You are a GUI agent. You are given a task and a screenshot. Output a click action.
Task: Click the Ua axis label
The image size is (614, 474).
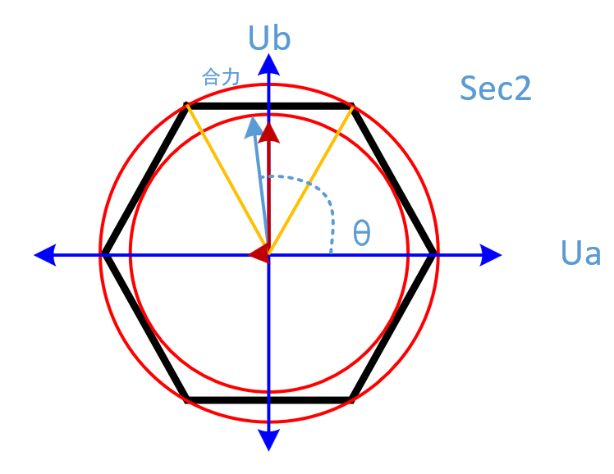[580, 253]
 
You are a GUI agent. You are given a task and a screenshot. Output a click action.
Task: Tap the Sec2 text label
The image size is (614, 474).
[496, 88]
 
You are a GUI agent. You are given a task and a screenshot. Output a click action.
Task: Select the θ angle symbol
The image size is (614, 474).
[361, 234]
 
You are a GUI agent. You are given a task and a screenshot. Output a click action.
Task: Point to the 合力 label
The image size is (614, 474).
[220, 78]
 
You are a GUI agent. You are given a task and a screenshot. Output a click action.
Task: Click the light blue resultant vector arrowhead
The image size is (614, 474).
[254, 127]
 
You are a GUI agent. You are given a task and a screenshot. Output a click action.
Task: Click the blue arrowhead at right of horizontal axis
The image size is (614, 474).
[490, 254]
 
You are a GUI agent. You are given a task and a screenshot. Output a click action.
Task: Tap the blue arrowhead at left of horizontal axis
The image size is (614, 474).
[45, 254]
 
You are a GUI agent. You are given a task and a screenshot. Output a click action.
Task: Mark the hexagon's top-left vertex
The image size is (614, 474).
[187, 106]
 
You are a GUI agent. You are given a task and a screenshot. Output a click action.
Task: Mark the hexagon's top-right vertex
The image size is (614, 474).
[351, 106]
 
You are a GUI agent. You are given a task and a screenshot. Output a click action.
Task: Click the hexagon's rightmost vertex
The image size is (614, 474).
[434, 254]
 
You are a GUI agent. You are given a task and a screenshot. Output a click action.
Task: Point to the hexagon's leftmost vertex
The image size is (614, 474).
[103, 254]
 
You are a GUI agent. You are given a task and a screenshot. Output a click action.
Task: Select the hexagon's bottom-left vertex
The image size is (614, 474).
[187, 400]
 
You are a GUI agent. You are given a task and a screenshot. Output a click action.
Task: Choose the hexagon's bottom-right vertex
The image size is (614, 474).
[351, 400]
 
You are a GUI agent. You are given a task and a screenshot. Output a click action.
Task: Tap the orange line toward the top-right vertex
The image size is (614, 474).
[312, 176]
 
